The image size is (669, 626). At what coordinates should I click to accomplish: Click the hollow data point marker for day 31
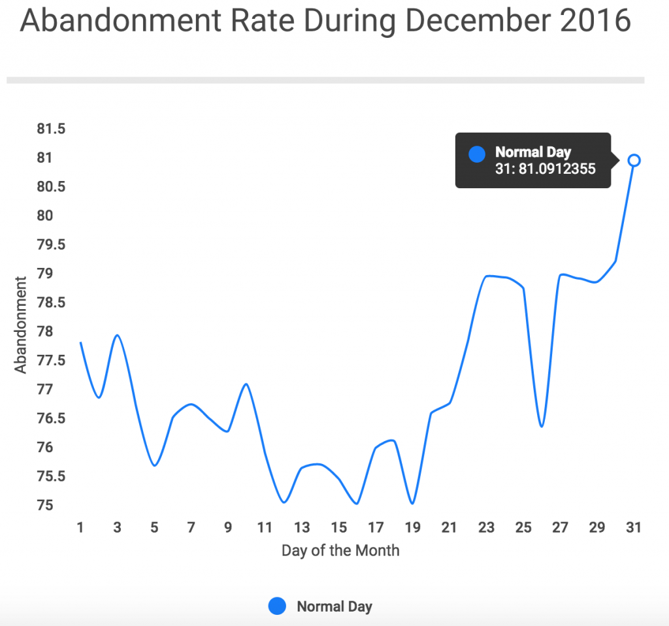pos(634,160)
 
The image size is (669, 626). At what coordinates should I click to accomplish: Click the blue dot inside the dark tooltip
pos(478,154)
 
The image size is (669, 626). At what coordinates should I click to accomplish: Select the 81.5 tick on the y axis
pos(51,129)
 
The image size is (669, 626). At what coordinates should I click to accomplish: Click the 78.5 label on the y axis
pos(51,303)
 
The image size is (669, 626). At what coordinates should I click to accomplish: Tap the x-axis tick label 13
pos(302,528)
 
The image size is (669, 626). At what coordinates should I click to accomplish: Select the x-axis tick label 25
pos(523,528)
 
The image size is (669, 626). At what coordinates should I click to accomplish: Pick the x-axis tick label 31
pos(633,528)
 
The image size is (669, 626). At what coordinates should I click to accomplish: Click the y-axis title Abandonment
pos(21,325)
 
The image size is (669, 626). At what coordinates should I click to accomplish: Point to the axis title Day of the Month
pos(340,550)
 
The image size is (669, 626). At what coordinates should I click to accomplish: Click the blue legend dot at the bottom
pos(277,606)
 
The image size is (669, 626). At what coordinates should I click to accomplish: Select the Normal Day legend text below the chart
pos(334,606)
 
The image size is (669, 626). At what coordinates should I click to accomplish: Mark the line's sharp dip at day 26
pos(542,427)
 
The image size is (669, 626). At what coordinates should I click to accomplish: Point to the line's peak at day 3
pos(118,335)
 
